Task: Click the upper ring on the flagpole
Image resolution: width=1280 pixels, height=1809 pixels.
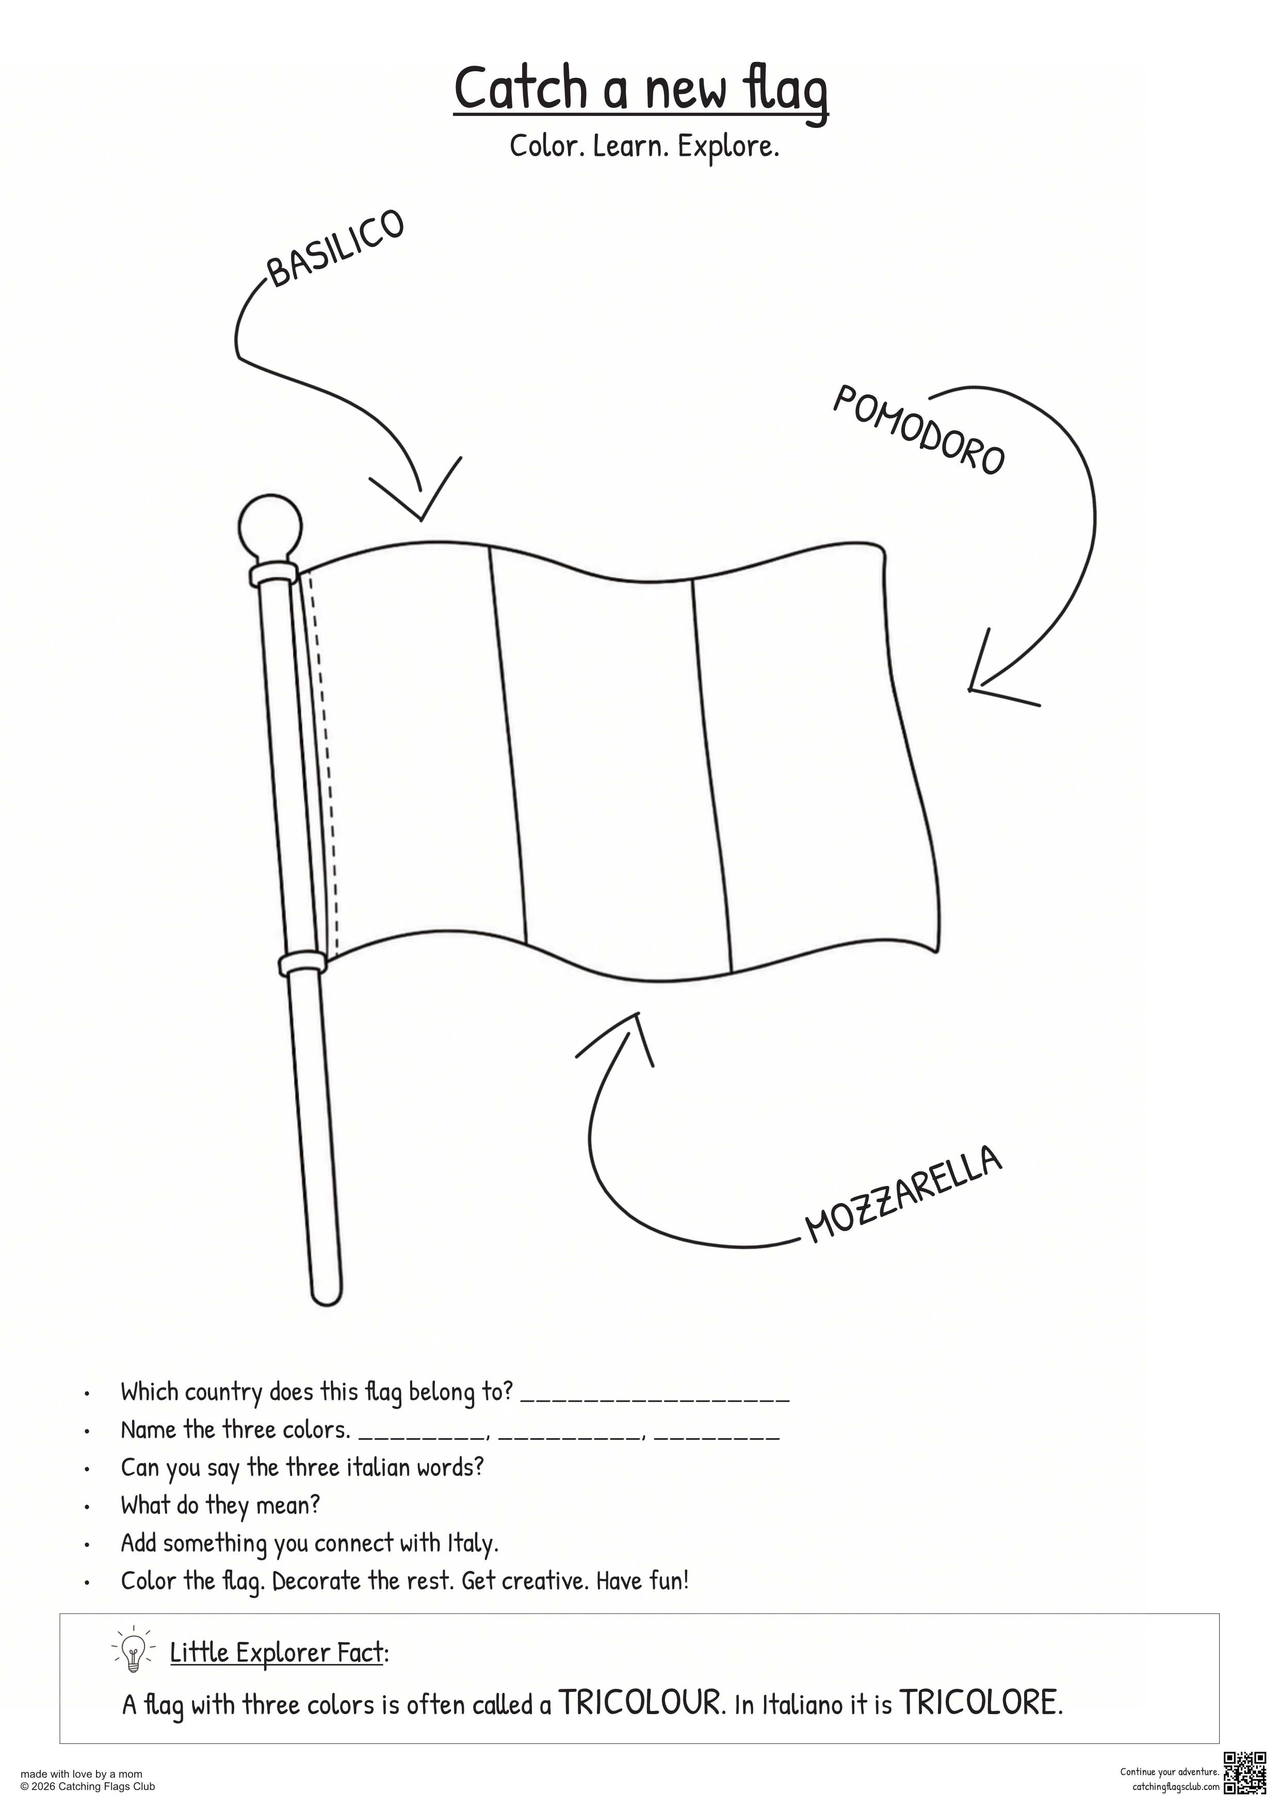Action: (273, 574)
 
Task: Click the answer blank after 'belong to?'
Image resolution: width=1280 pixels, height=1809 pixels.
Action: (655, 1400)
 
